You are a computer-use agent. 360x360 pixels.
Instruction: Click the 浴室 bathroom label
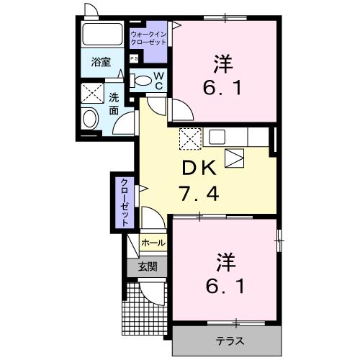[100, 63]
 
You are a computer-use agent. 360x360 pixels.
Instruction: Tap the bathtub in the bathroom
[102, 35]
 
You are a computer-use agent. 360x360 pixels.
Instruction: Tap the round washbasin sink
[91, 119]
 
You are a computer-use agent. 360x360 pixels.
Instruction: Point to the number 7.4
[197, 194]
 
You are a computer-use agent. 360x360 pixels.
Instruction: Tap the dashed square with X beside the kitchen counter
[189, 137]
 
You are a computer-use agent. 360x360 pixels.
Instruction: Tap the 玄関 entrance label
[148, 266]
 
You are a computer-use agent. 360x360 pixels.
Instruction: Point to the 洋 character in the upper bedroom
[223, 63]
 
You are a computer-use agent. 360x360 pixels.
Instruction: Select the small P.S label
[134, 59]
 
